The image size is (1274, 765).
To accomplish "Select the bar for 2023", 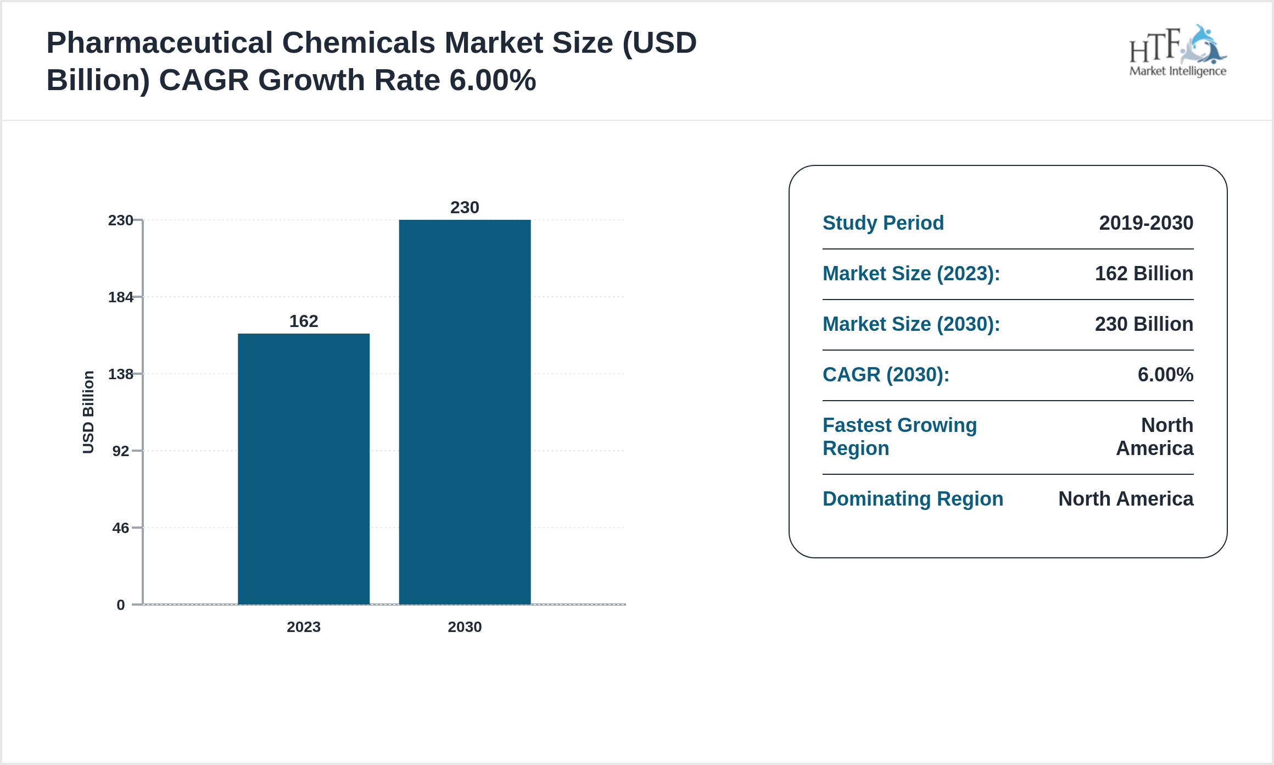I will [x=303, y=469].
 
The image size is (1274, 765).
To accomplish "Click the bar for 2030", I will [x=465, y=412].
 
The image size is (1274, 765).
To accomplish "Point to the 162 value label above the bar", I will [x=303, y=321].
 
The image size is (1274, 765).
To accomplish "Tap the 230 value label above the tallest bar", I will [x=465, y=207].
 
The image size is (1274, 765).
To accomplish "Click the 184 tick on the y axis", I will [x=121, y=297].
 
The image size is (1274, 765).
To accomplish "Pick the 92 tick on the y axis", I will [x=121, y=451].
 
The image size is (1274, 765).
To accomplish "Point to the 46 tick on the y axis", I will [x=121, y=528].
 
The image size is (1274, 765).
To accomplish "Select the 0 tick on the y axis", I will [x=121, y=605].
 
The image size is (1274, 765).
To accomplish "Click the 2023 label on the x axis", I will [x=303, y=627].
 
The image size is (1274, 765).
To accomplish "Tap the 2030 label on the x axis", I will [x=465, y=627].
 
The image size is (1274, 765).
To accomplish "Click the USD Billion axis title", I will [x=88, y=412].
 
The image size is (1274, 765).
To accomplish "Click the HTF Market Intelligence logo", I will [x=1177, y=51].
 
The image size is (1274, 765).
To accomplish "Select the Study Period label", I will [x=883, y=223].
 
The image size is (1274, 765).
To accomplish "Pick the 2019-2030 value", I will [x=1146, y=223].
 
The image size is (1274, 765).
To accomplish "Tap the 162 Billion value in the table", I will [x=1144, y=273].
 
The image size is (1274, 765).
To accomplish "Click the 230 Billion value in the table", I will [x=1144, y=324].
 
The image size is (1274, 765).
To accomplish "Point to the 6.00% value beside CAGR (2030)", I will [x=1165, y=374].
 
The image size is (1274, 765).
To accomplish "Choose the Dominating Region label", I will [x=913, y=498].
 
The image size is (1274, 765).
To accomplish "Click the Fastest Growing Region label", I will [x=899, y=436].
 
